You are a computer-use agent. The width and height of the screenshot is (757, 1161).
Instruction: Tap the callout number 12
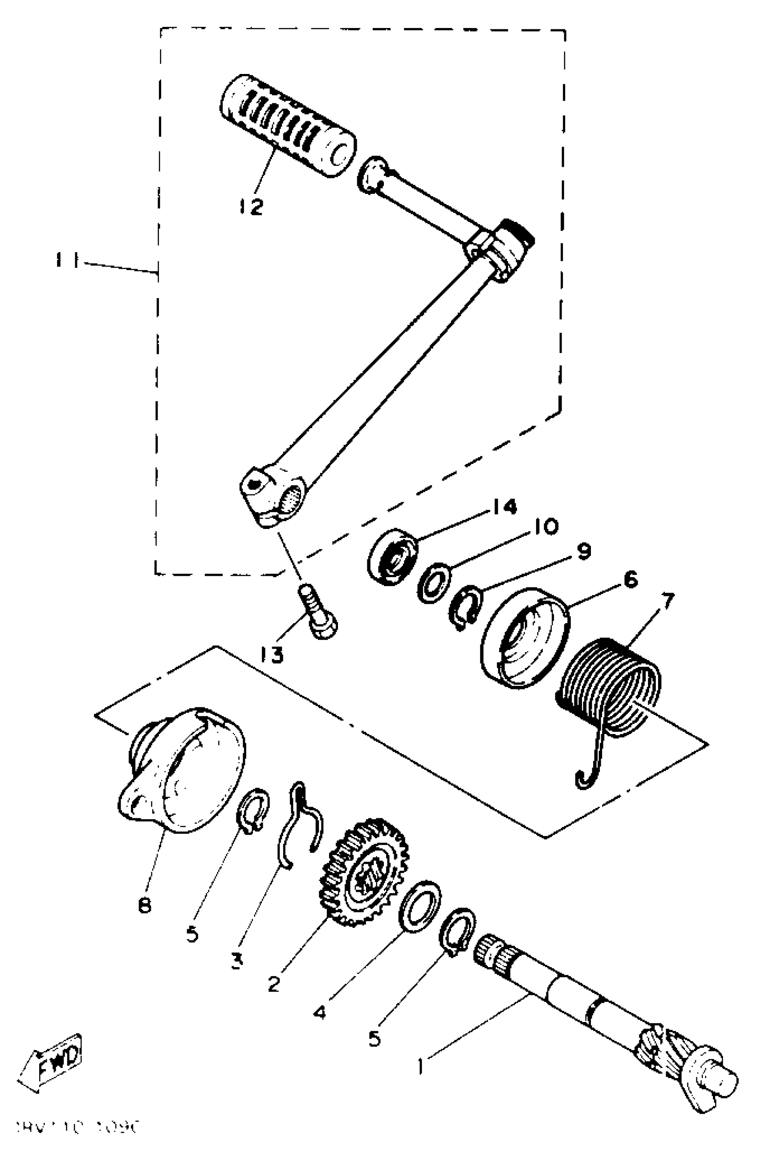[252, 207]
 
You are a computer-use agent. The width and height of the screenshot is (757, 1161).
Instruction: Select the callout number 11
[67, 262]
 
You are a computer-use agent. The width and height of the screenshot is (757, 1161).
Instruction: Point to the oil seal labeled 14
[392, 557]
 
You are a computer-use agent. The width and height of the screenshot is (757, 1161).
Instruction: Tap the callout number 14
[504, 507]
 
